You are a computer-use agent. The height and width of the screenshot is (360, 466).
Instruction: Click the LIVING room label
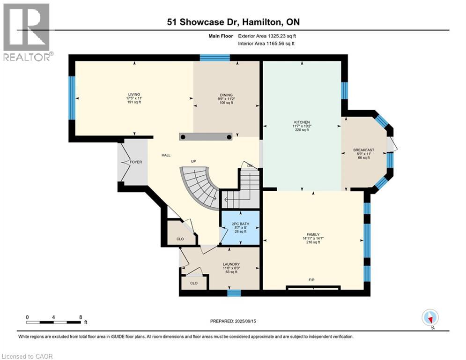pyautogui.click(x=134, y=94)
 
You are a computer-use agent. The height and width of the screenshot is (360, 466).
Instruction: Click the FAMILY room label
pyautogui.click(x=313, y=234)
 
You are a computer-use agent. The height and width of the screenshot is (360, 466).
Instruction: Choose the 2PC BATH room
pyautogui.click(x=239, y=224)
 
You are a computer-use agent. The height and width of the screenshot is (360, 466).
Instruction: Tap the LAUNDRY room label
pyautogui.click(x=231, y=264)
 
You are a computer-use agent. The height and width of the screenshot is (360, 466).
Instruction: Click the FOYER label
pyautogui.click(x=135, y=162)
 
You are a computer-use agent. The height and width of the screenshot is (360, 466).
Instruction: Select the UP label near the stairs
pyautogui.click(x=193, y=161)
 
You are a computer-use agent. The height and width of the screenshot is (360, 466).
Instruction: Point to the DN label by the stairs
pyautogui.click(x=250, y=165)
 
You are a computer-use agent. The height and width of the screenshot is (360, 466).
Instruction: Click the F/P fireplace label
pyautogui.click(x=311, y=280)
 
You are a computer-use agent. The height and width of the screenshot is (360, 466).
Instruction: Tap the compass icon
pyautogui.click(x=429, y=317)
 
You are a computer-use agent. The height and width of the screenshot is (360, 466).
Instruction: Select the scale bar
pyautogui.click(x=54, y=322)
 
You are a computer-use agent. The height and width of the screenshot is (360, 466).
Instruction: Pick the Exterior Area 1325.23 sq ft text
pyautogui.click(x=267, y=36)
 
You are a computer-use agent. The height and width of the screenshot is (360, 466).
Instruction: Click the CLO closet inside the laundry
pyautogui.click(x=193, y=283)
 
